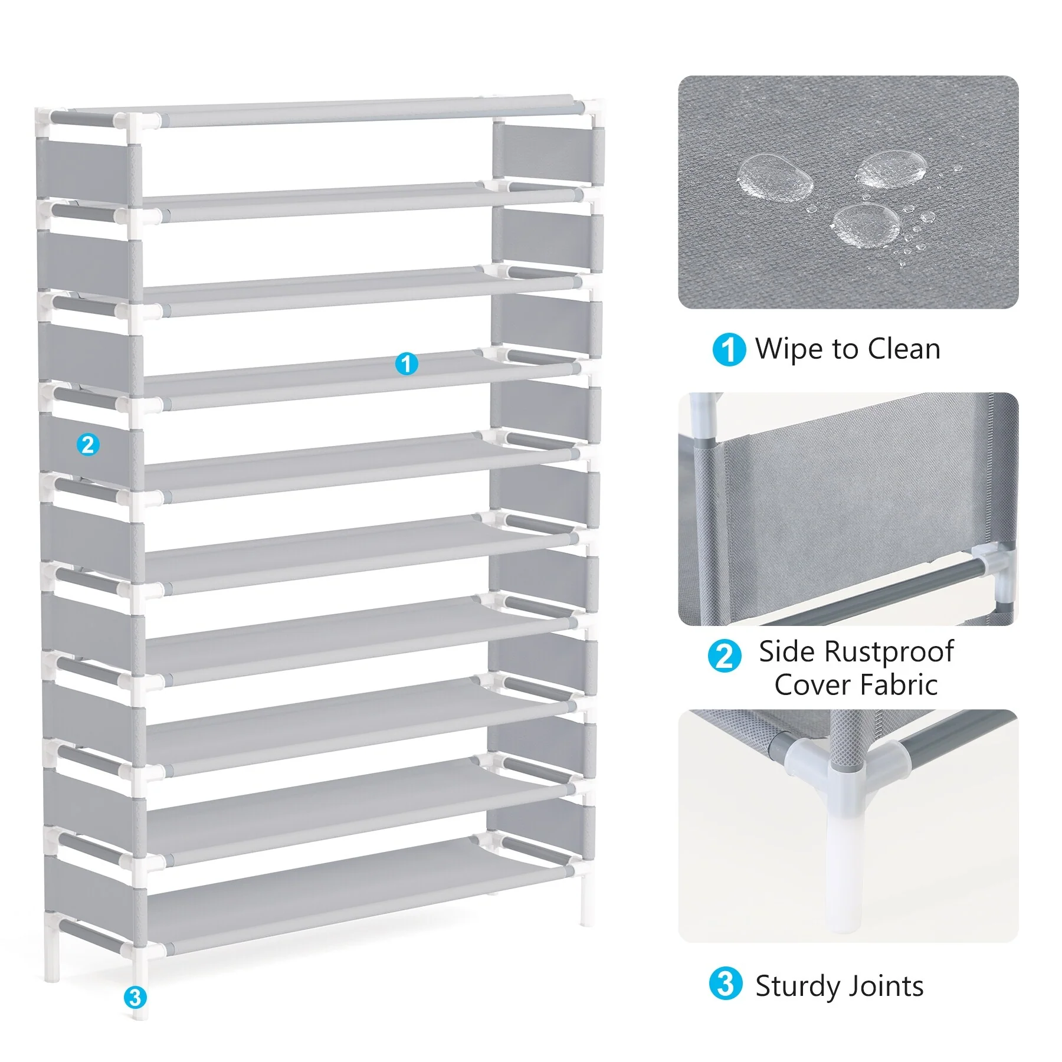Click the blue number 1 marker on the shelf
pyautogui.click(x=406, y=363)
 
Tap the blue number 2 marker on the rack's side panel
pyautogui.click(x=88, y=444)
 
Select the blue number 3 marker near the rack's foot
pyautogui.click(x=135, y=997)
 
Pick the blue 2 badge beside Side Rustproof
pyautogui.click(x=725, y=656)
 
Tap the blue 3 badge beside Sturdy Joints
pyautogui.click(x=725, y=984)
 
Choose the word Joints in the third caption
pyautogui.click(x=891, y=986)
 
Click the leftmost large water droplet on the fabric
pyautogui.click(x=775, y=175)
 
